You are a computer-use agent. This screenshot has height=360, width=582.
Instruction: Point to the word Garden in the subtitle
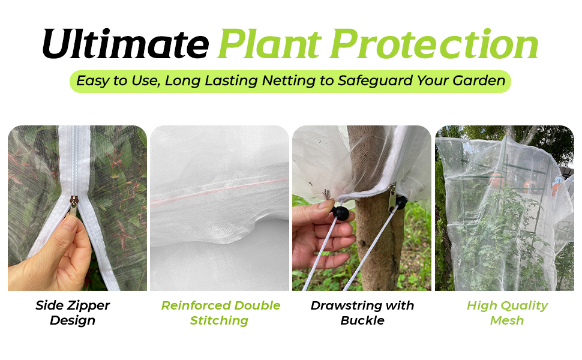[x=480, y=80]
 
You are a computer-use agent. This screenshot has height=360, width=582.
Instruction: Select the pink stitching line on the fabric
[x=219, y=191]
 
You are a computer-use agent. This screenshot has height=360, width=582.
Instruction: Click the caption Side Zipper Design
[x=73, y=313]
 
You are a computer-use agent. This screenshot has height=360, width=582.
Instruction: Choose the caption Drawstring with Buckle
[x=362, y=313]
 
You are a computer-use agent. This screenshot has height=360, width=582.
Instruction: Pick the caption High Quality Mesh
[x=507, y=313]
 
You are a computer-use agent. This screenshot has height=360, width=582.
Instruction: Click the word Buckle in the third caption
[x=362, y=320]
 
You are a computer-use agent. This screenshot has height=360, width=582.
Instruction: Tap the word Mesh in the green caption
[x=507, y=320]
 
